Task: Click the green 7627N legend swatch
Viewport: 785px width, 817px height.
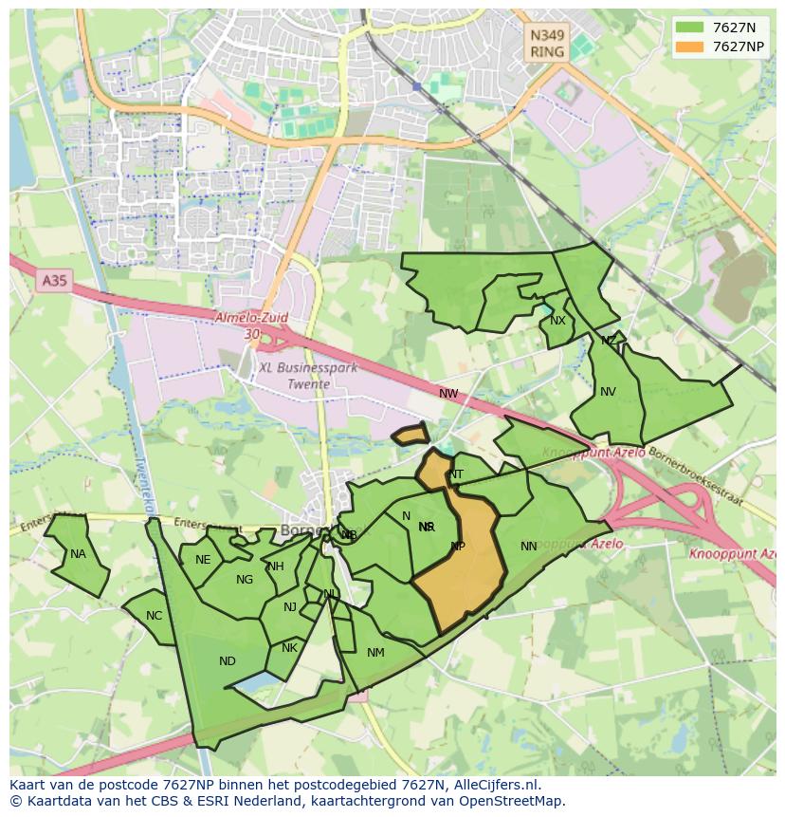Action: click(x=689, y=28)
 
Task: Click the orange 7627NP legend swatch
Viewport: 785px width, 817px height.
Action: click(x=689, y=46)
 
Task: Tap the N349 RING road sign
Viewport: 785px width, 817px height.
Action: click(x=547, y=44)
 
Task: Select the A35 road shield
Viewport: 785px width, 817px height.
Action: click(x=55, y=281)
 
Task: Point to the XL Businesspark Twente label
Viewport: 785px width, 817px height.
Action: click(x=308, y=376)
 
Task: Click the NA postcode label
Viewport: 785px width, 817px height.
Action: click(x=78, y=554)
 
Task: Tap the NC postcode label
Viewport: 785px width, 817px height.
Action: click(x=154, y=616)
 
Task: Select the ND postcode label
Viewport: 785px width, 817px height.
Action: click(x=227, y=661)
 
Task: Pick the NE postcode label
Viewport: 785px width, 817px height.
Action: click(x=202, y=560)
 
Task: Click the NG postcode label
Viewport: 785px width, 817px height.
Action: click(x=245, y=580)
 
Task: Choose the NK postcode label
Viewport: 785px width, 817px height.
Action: click(x=289, y=648)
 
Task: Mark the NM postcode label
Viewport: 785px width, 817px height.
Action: click(x=375, y=652)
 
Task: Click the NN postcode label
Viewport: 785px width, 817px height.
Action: click(x=529, y=546)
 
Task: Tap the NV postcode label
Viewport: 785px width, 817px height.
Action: click(x=608, y=392)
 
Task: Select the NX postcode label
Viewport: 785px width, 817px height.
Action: click(x=557, y=321)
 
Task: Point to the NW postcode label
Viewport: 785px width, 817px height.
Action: click(x=448, y=393)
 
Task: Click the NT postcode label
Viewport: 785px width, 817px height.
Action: click(x=456, y=474)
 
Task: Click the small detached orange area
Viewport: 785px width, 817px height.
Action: click(x=411, y=436)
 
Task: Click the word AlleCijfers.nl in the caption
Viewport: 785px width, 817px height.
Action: click(x=496, y=785)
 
